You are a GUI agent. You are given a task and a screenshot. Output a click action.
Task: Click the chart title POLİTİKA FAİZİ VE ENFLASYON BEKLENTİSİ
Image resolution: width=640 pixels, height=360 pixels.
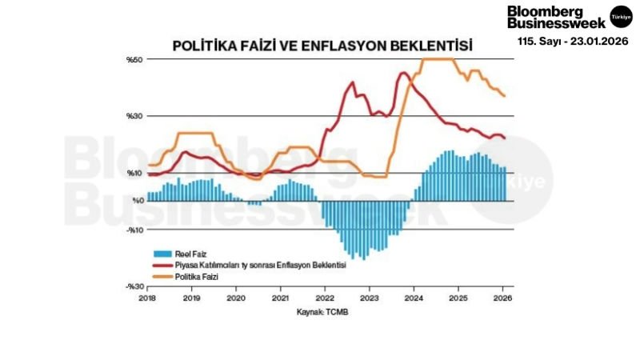point(323,45)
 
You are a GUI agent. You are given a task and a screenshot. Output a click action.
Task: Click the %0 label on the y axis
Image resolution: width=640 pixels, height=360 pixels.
point(135,202)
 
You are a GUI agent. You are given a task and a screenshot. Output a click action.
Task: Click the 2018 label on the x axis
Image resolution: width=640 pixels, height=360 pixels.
point(147,298)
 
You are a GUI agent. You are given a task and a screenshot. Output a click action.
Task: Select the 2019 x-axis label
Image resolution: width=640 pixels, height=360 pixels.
point(191,298)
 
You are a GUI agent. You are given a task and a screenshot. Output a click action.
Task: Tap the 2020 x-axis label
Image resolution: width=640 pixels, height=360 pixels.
point(236,298)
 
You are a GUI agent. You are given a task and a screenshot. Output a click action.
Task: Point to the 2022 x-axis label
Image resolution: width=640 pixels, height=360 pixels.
point(324,298)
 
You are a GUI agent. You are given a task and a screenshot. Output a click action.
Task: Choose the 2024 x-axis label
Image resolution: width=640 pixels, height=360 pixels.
point(414,298)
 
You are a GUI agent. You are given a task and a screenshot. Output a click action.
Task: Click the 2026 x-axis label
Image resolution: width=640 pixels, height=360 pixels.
point(502,298)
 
